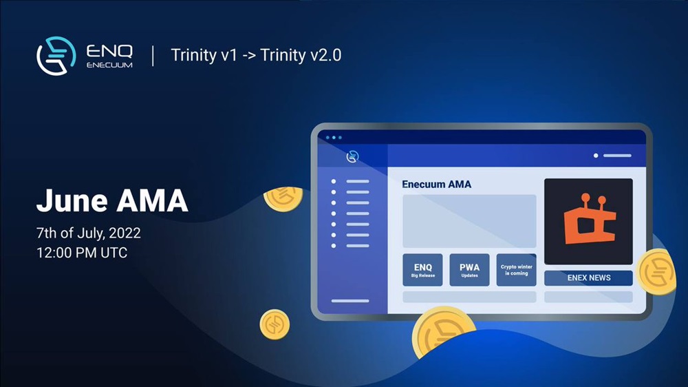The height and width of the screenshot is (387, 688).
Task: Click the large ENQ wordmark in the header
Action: pyautogui.click(x=109, y=51)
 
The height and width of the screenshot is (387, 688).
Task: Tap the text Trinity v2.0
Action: pyautogui.click(x=301, y=55)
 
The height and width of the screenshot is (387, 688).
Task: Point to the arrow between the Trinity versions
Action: pyautogui.click(x=249, y=56)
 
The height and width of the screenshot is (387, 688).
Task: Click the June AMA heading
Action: pyautogui.click(x=112, y=201)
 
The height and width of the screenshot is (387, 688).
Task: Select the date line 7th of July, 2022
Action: pyautogui.click(x=89, y=233)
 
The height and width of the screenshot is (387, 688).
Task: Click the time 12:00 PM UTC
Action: pyautogui.click(x=82, y=253)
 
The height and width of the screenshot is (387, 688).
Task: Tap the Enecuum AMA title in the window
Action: pyautogui.click(x=437, y=185)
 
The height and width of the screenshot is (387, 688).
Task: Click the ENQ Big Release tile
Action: pyautogui.click(x=422, y=270)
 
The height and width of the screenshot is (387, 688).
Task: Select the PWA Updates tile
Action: pyautogui.click(x=469, y=270)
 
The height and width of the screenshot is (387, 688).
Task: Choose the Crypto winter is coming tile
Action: pyautogui.click(x=517, y=270)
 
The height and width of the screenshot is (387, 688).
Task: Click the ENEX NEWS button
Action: pyautogui.click(x=588, y=278)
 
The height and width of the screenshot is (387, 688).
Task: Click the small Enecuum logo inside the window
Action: pyautogui.click(x=352, y=156)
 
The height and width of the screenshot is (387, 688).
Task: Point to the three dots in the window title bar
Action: pyautogui.click(x=334, y=138)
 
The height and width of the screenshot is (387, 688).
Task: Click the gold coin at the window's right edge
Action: pyautogui.click(x=657, y=271)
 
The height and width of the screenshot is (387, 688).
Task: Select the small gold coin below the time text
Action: pyautogui.click(x=275, y=324)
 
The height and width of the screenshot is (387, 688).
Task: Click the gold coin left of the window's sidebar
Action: pyautogui.click(x=283, y=199)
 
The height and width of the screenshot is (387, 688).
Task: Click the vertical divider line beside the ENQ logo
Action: pyautogui.click(x=153, y=56)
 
